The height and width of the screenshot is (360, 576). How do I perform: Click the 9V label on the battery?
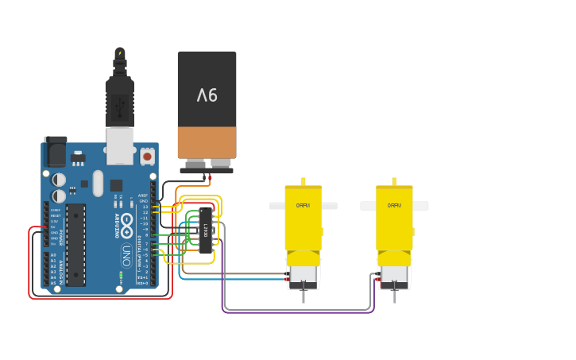click(207, 95)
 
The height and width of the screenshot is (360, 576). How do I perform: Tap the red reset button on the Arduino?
click(148, 157)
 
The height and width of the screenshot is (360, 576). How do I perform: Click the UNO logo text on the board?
click(126, 255)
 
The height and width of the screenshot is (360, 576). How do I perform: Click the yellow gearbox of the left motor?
click(303, 219)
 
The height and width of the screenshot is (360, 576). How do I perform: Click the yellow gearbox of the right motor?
click(394, 219)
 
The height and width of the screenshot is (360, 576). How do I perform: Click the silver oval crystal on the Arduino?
click(98, 183)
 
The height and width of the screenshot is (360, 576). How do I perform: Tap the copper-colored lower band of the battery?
click(207, 142)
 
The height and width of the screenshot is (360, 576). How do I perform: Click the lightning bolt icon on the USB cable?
click(120, 53)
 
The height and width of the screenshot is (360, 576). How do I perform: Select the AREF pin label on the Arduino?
click(143, 195)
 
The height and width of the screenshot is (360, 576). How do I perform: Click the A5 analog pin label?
click(53, 282)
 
